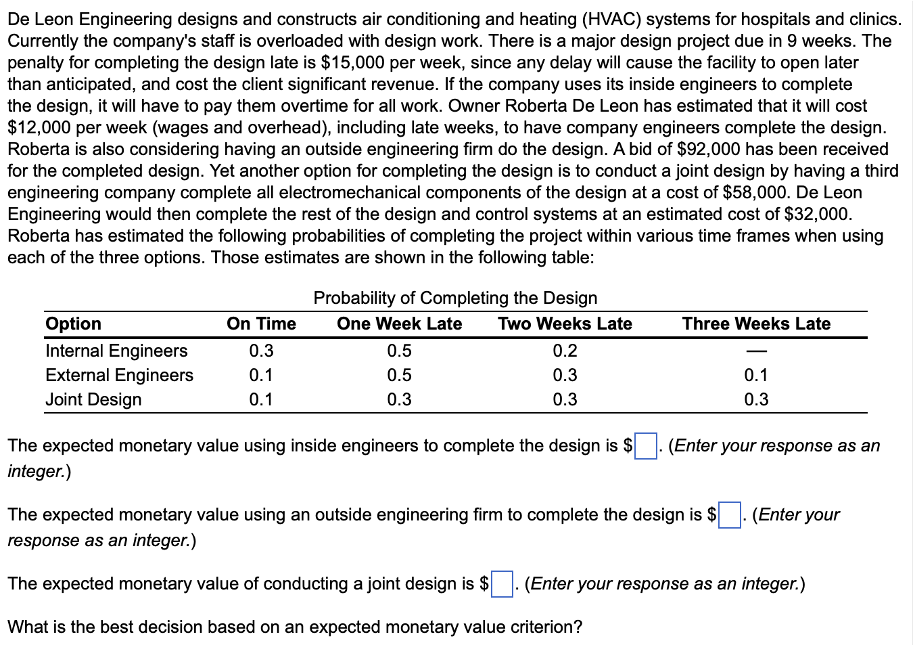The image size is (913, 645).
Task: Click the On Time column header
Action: (x=261, y=324)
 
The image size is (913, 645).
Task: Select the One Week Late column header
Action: (x=399, y=324)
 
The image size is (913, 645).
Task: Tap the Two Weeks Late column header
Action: (x=565, y=324)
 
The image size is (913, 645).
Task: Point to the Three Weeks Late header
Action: (x=756, y=324)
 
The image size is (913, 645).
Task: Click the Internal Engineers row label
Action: (x=116, y=351)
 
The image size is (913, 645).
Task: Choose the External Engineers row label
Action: (x=119, y=375)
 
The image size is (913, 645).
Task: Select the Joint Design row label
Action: (x=93, y=399)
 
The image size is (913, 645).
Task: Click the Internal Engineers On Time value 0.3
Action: (x=261, y=351)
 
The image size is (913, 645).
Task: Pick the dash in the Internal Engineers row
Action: (x=756, y=351)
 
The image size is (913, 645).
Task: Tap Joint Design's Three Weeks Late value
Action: (x=756, y=399)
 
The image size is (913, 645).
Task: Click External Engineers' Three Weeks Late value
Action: (x=756, y=375)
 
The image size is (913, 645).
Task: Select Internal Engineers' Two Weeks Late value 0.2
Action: (x=565, y=351)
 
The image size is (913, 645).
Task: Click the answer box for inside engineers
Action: (x=646, y=446)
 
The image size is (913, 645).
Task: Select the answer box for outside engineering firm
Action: (x=729, y=515)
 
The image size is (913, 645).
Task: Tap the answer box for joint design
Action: (x=501, y=584)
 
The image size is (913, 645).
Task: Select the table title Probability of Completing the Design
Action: (x=455, y=298)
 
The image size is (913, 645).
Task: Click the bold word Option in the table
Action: (x=73, y=324)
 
